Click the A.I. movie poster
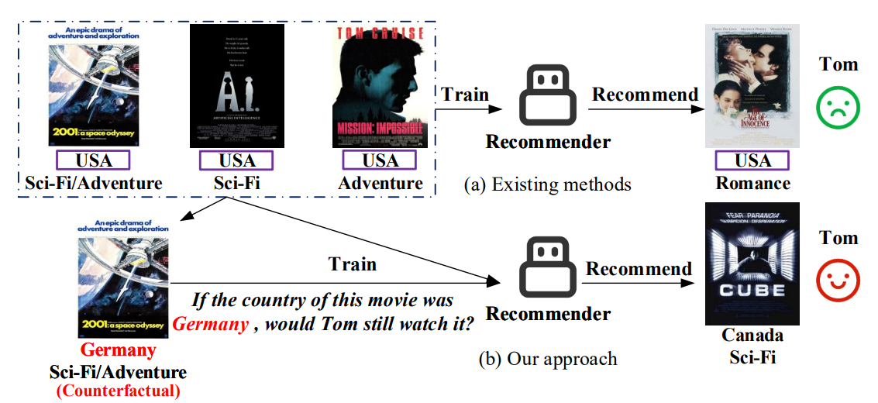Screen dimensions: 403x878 [236, 85]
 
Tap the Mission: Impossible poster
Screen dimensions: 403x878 [380, 85]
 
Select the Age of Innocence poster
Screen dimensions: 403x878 [752, 85]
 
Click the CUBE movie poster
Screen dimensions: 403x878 [752, 263]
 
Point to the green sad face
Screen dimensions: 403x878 [838, 108]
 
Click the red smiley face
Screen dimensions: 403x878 [838, 281]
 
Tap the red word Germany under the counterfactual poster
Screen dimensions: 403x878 [119, 350]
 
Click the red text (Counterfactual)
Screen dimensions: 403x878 [118, 391]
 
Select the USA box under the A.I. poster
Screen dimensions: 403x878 [236, 160]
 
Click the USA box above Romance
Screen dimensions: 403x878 [752, 160]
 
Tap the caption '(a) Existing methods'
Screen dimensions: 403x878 [547, 184]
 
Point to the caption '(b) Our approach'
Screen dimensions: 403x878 [547, 359]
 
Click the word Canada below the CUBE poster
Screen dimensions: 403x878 [752, 336]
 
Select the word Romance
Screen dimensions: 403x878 [752, 184]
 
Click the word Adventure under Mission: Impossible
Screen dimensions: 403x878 [380, 184]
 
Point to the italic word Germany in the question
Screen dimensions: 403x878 [209, 324]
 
